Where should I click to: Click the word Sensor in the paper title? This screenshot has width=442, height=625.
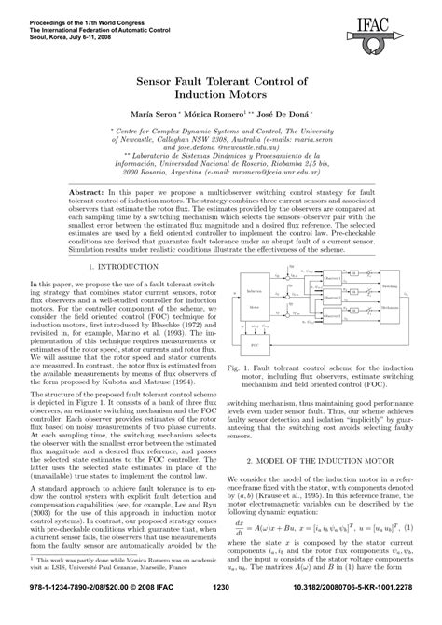click(160, 81)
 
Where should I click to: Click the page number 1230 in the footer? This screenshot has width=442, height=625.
click(221, 612)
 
